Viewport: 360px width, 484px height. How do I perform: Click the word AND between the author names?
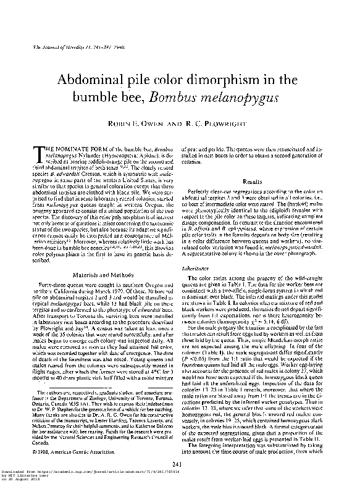pyautogui.click(x=184, y=123)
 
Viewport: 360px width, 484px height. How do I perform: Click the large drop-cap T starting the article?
pyautogui.click(x=38, y=154)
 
